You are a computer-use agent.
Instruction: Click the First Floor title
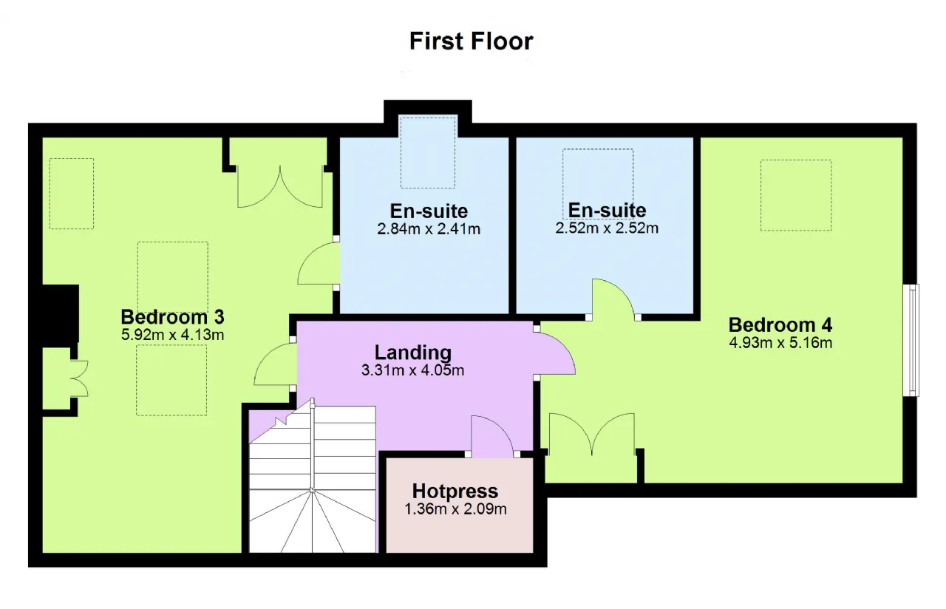[x=471, y=41]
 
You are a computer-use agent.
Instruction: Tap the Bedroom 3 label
[x=172, y=317]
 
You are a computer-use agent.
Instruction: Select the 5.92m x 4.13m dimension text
[x=172, y=335]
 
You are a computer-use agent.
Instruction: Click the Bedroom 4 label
[x=780, y=324]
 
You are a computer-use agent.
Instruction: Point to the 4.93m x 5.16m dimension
[x=780, y=342]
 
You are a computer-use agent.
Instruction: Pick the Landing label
[x=413, y=353]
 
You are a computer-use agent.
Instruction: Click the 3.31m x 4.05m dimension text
[x=412, y=370]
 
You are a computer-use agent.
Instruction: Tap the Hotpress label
[x=455, y=491]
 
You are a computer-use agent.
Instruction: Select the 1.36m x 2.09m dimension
[x=455, y=509]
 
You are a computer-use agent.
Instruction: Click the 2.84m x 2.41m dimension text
[x=429, y=229]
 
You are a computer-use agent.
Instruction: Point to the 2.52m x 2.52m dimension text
[x=607, y=228]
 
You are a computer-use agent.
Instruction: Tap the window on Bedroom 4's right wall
[x=911, y=340]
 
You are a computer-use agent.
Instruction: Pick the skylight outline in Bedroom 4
[x=796, y=195]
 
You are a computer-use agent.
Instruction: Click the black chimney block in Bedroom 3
[x=61, y=313]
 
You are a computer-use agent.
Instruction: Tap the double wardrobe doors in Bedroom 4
[x=592, y=435]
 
